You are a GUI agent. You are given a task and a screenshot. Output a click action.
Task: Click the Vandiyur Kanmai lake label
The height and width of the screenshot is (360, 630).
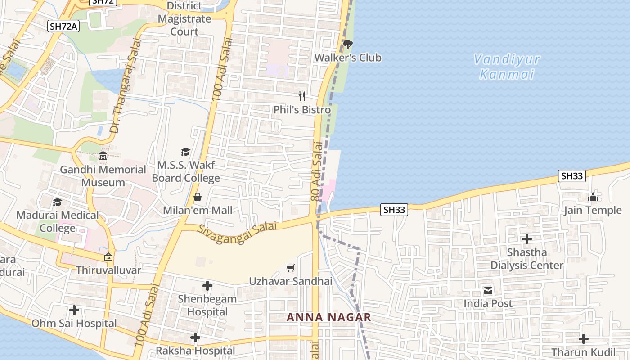click(x=507, y=66)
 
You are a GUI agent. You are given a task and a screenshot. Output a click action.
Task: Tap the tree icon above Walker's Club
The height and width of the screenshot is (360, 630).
click(x=347, y=44)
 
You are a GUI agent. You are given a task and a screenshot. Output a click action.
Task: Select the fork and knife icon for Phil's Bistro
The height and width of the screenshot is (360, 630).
click(x=302, y=96)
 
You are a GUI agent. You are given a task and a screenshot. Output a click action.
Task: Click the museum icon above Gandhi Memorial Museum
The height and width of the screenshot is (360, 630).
click(x=103, y=156)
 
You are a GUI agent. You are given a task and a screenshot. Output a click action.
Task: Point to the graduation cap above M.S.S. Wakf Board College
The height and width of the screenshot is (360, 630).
click(x=185, y=152)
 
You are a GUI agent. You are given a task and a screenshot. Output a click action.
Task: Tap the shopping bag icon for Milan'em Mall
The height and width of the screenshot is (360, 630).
click(x=197, y=197)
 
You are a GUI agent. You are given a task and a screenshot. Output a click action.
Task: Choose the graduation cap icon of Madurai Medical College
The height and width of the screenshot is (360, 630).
click(x=57, y=202)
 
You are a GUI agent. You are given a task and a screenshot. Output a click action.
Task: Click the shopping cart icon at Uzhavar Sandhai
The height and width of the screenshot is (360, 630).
click(x=291, y=268)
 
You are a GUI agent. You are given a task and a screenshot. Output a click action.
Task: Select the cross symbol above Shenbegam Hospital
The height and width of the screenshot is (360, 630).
click(x=207, y=286)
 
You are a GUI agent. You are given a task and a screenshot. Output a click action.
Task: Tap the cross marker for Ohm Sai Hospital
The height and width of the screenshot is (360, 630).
click(x=74, y=310)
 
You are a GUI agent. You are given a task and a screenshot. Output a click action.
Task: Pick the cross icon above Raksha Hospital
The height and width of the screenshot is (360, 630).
click(x=195, y=337)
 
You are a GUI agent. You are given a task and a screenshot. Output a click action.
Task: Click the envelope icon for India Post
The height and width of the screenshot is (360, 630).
click(x=488, y=290)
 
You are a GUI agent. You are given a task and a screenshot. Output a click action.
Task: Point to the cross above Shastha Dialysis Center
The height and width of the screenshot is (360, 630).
click(x=526, y=239)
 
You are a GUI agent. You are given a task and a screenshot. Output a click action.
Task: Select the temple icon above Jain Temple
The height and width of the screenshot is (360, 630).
click(x=593, y=197)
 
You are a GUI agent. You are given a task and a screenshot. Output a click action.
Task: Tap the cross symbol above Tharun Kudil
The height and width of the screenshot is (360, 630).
click(x=583, y=339)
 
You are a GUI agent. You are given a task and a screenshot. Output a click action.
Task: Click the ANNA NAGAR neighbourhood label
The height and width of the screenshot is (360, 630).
click(x=329, y=317)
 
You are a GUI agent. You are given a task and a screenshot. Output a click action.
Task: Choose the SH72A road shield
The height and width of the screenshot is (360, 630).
click(x=63, y=27)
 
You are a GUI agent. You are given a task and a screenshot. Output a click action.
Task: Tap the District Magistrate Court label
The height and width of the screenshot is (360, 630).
click(x=184, y=19)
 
